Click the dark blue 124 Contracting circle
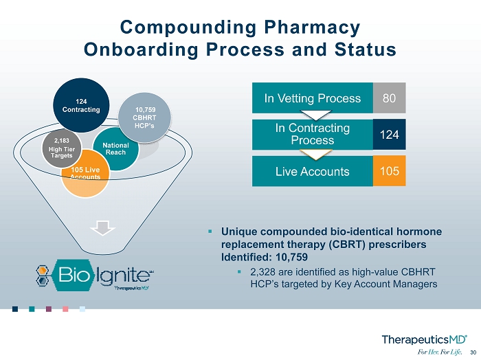[81, 105]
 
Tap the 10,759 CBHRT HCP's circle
[144, 117]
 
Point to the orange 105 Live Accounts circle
[85, 174]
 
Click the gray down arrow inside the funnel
[103, 228]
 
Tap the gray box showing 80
[389, 98]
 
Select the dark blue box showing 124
[389, 135]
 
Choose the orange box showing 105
[389, 171]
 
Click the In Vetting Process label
[312, 98]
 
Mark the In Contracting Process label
[312, 134]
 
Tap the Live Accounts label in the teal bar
[312, 171]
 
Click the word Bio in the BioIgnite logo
[72, 274]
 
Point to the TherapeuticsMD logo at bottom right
[425, 340]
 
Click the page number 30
[473, 352]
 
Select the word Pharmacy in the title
[312, 27]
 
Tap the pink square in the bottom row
[65, 308]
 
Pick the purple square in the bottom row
[49, 308]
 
